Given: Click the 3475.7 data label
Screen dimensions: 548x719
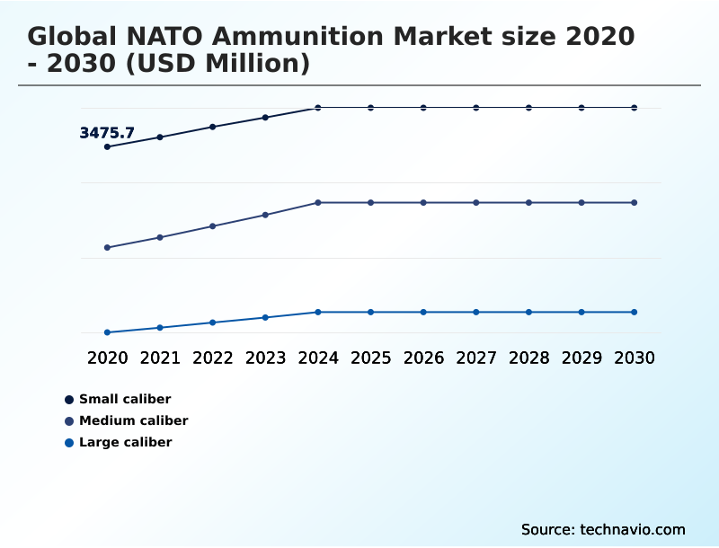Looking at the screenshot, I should [107, 133].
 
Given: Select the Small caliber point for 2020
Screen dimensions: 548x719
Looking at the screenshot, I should [108, 146].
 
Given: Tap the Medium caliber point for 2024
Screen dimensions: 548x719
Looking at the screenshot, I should [318, 203].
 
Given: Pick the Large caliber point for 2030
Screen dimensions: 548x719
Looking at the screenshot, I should [634, 312].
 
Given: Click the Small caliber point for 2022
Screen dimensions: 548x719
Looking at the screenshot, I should [213, 127].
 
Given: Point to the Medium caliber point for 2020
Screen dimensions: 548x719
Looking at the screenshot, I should [108, 247].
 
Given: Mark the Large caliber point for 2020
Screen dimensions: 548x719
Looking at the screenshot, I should [108, 332].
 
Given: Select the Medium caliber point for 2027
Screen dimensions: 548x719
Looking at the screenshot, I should [476, 203].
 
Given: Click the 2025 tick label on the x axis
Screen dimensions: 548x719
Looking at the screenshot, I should [370, 358].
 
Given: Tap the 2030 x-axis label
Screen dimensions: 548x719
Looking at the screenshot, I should [634, 358].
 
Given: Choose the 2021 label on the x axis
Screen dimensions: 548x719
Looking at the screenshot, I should [160, 358].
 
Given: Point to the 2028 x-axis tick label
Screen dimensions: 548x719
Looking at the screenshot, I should [528, 358].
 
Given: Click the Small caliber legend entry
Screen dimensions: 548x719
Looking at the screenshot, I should [125, 399].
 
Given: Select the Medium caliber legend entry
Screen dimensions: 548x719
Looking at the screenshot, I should [133, 420].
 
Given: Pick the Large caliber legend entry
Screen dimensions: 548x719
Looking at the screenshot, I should [125, 442].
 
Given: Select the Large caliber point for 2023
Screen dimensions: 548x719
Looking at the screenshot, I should [265, 317].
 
